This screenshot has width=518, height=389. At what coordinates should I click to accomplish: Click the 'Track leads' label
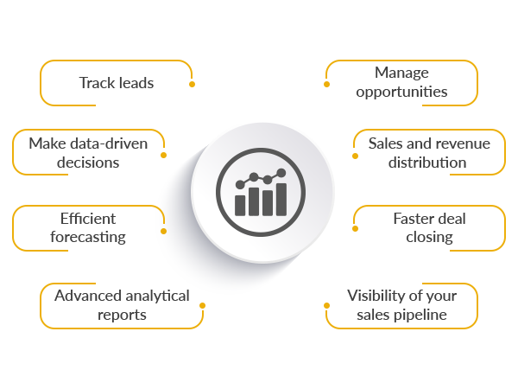[117, 83]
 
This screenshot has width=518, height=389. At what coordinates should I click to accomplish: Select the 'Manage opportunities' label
[401, 82]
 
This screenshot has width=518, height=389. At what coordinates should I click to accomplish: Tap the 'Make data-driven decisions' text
[88, 152]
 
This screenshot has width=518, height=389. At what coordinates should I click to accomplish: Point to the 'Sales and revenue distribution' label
[428, 152]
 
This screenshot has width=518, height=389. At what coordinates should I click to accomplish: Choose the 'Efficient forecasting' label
[88, 227]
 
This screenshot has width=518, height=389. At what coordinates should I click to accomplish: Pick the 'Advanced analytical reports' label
[122, 304]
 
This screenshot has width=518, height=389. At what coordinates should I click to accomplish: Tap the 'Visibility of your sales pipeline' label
[402, 304]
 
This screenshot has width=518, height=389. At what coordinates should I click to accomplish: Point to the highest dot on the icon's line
[281, 174]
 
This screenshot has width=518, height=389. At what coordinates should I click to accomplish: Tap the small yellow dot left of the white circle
[164, 231]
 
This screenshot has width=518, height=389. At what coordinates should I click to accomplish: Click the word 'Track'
[98, 83]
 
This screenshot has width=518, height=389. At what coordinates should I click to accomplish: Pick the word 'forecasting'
[88, 237]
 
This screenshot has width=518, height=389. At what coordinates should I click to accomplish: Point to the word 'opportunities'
[401, 92]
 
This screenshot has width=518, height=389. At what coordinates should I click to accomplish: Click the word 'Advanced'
[86, 296]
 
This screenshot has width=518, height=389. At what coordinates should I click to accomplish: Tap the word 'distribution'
[428, 162]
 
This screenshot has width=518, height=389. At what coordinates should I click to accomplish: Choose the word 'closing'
[429, 237]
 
